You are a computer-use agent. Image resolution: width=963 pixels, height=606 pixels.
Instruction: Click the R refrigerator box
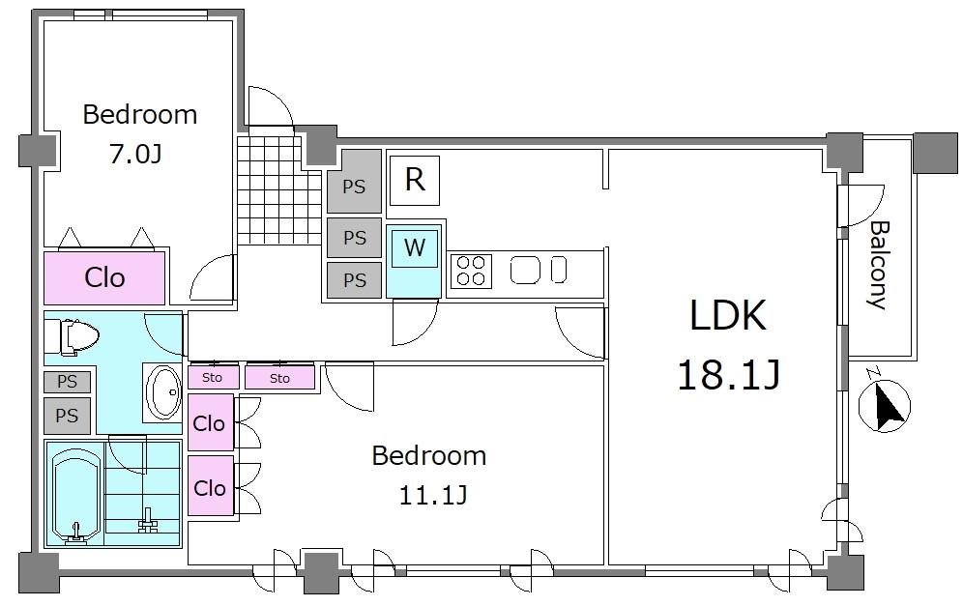(415, 180)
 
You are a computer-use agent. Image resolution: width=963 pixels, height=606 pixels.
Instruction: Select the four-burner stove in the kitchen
(471, 271)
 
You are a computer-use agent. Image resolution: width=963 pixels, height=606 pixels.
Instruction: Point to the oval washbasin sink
(164, 391)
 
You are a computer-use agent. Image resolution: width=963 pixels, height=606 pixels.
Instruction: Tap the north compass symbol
(885, 405)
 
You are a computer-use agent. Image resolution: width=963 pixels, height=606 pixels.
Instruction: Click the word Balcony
(879, 265)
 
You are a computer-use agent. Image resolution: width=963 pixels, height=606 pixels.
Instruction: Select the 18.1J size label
(728, 375)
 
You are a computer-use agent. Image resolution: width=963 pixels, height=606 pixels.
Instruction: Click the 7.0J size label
(135, 154)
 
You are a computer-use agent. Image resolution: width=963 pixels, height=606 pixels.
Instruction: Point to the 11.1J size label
(433, 494)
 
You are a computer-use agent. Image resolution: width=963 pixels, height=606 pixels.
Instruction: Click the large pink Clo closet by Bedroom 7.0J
(104, 277)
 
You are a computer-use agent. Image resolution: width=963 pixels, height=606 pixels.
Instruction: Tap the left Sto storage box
(213, 377)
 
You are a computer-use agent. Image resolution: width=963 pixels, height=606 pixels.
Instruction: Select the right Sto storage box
(279, 378)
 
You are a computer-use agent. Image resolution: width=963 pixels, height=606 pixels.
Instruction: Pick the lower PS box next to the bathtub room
(67, 416)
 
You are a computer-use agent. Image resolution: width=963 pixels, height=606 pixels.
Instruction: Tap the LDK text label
(728, 316)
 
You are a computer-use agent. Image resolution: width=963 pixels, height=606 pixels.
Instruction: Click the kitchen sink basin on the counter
(525, 270)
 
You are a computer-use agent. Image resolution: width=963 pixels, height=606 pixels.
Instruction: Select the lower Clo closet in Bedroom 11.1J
(211, 485)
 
